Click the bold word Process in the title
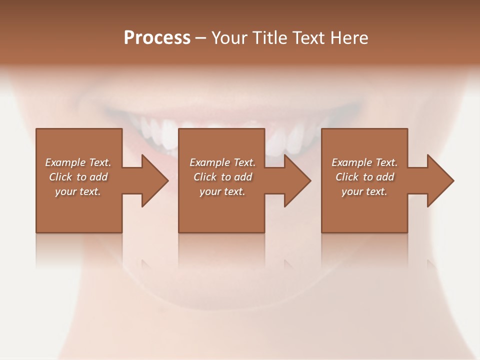coord(157,38)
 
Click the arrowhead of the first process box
coord(152,180)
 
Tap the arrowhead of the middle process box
coord(295,180)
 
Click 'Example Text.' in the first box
coord(78,162)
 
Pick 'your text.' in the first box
coord(78,191)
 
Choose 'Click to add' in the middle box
coord(222,177)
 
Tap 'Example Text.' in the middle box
coord(222,162)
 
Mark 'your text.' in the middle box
coord(222,191)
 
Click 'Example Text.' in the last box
coord(364,162)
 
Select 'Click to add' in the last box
coord(364,177)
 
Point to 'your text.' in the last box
coord(364,191)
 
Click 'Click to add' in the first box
coord(78,177)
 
